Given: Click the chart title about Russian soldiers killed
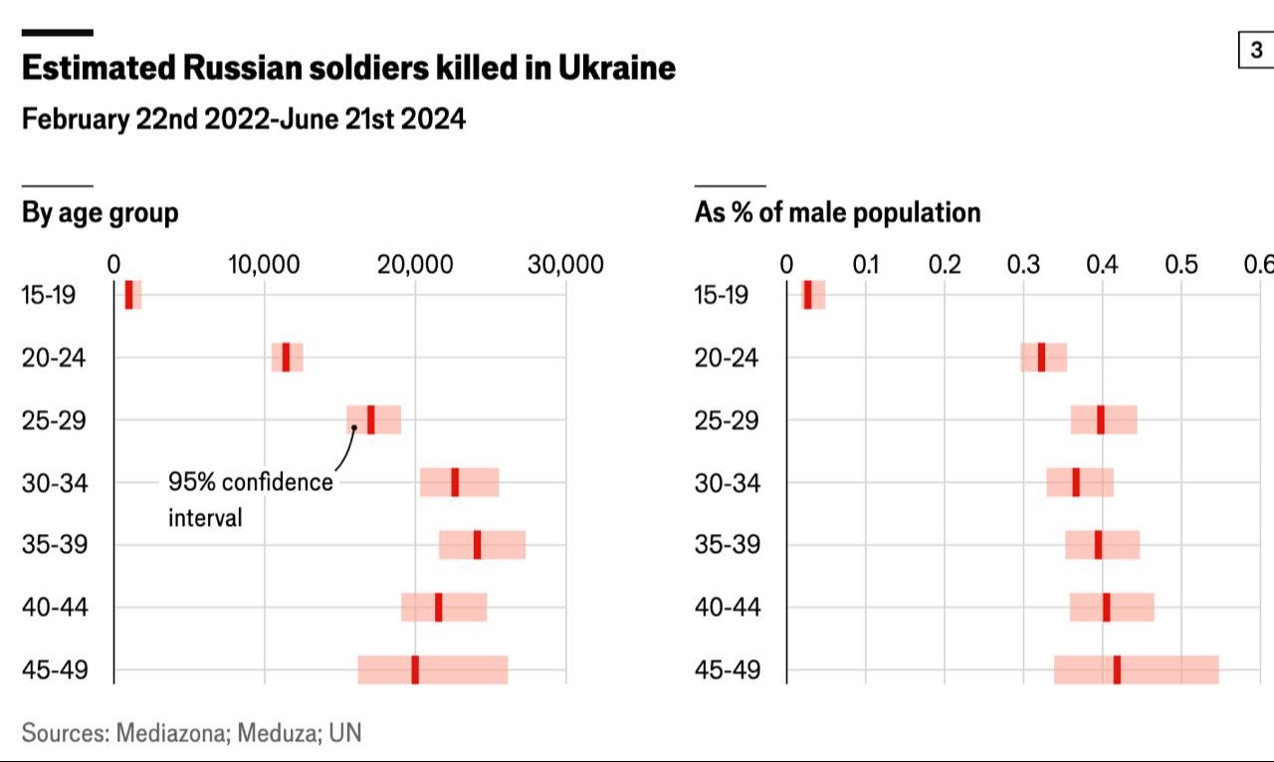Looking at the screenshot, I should point(348,68).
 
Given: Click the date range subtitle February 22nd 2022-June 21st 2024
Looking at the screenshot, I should point(243,120).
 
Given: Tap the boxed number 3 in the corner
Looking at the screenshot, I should point(1256,50).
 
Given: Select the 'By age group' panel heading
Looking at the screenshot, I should point(101,212).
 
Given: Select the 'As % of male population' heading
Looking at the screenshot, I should point(837,212).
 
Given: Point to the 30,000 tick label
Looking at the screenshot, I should point(565,264).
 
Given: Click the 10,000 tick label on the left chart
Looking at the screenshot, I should point(264,264).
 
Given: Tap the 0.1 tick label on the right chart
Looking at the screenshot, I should point(866,264).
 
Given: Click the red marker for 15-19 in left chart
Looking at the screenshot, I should point(128,295).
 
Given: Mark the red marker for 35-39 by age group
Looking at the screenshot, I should point(477,545).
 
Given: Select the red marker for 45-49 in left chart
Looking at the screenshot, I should point(415,670).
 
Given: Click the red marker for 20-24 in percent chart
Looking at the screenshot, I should point(1041,357).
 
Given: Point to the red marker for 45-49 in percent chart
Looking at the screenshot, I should point(1117,670).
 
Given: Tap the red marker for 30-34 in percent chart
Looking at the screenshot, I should point(1076,482).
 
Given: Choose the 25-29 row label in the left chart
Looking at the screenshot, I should point(54,420).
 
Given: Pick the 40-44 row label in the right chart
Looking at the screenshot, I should point(727,608).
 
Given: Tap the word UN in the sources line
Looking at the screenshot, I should point(345,734).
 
